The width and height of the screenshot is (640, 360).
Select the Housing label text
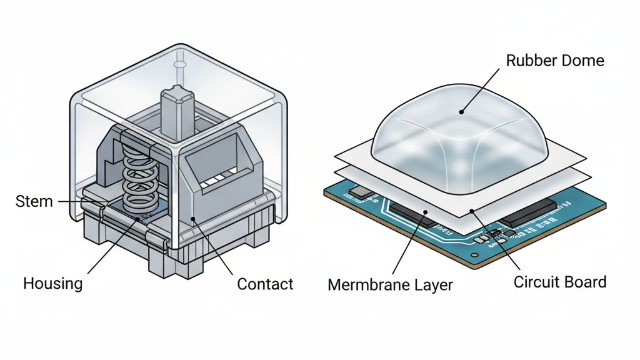tap(52, 283)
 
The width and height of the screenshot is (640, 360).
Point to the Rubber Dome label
tap(555, 61)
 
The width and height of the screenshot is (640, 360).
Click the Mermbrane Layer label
tap(390, 286)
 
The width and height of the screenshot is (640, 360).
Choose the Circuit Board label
tap(560, 282)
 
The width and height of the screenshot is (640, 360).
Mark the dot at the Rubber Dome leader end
tap(461, 112)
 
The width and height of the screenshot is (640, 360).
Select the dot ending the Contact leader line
tap(193, 219)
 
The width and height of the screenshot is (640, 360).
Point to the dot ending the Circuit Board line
tap(472, 212)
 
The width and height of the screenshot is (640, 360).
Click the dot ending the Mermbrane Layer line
tap(426, 212)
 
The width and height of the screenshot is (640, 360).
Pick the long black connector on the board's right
tap(529, 213)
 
